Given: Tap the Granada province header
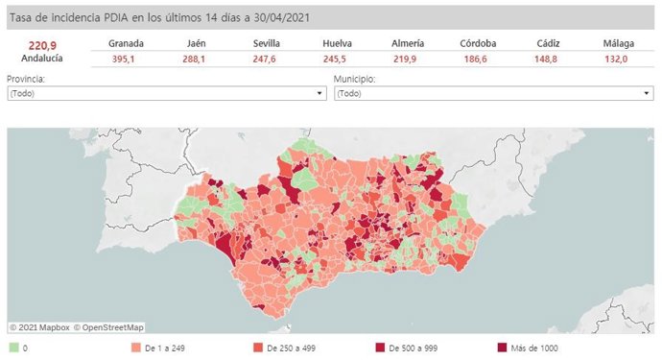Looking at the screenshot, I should tap(127, 43).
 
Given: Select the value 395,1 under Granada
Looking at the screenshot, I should tap(127, 60).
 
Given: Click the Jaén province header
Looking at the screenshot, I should tap(197, 43).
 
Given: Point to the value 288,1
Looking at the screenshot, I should tap(197, 60).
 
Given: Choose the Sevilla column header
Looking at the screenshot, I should tap(267, 43).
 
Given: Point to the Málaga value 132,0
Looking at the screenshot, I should tap(615, 60).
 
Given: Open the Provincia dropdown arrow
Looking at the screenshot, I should tap(320, 93).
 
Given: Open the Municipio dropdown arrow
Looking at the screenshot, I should tap(648, 93).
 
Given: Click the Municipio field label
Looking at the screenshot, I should tap(354, 79).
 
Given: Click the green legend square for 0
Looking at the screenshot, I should tap(12, 348).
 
